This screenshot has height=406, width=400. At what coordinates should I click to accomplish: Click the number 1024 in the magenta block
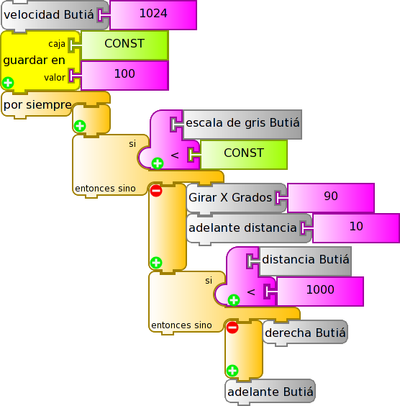click(x=153, y=14)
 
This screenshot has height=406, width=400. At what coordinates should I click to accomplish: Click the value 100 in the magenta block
click(x=124, y=74)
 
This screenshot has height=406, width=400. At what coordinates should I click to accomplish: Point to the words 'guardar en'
click(x=34, y=60)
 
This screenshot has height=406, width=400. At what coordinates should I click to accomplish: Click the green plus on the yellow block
click(x=8, y=83)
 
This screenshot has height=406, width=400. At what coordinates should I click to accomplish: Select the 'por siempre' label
click(x=37, y=105)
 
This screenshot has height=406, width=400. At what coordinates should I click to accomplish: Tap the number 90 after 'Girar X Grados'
click(x=331, y=197)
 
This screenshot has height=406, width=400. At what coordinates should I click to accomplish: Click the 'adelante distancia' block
click(x=249, y=229)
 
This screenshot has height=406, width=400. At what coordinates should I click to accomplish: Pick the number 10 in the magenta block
click(x=356, y=227)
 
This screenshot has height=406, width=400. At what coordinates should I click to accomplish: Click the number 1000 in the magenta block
click(x=320, y=289)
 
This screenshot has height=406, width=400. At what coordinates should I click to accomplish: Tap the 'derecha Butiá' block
click(x=305, y=333)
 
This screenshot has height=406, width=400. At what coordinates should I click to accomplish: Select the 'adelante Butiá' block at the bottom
click(x=270, y=392)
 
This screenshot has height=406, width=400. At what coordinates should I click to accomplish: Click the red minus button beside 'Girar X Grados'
click(x=156, y=191)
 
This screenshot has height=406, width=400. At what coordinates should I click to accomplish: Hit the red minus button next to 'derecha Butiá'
click(x=232, y=328)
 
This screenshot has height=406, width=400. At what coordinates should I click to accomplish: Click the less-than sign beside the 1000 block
click(x=251, y=292)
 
